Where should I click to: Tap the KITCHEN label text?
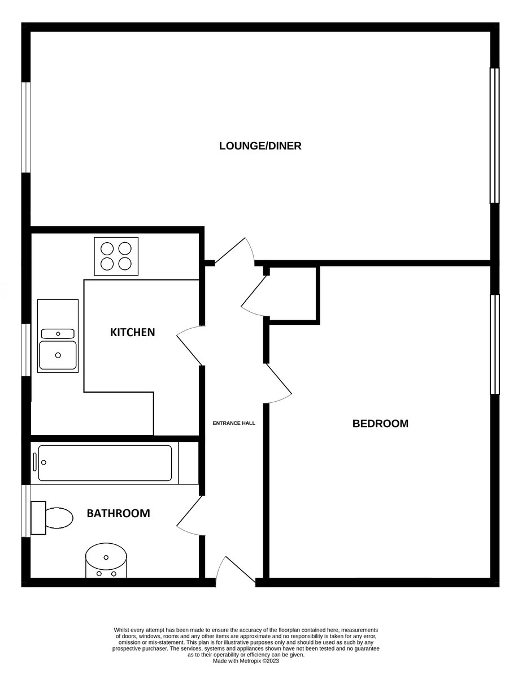coord(132,332)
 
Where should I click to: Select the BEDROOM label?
coord(380,423)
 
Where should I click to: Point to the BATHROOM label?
coord(118,513)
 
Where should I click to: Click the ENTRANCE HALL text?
coord(234,423)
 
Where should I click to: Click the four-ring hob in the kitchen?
coord(116,256)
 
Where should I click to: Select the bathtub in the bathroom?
coord(105,463)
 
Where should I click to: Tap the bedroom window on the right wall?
coord(495,344)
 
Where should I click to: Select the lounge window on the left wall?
coord(26,127)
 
